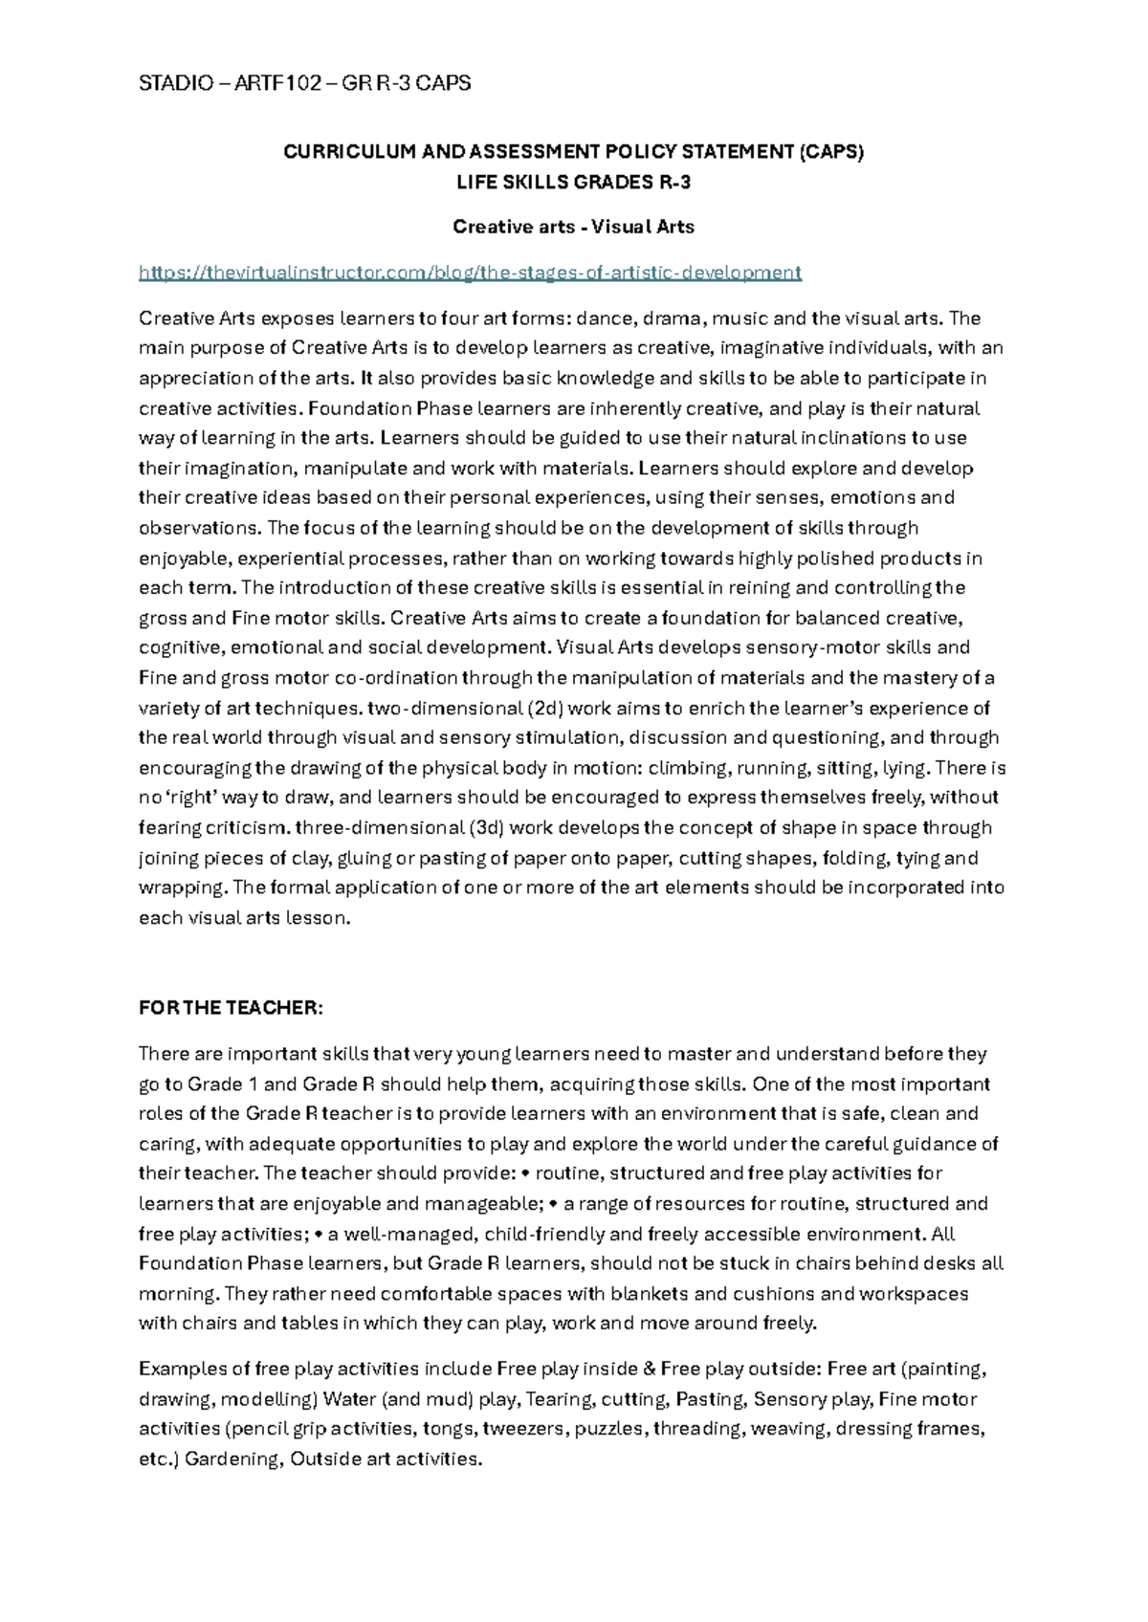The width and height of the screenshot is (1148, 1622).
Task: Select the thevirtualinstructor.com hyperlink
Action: tap(470, 273)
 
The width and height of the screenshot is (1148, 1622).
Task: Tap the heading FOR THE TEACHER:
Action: tap(232, 1008)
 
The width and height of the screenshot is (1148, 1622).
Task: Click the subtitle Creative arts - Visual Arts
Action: tap(573, 227)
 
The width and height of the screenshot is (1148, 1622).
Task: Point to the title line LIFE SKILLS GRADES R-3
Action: tap(573, 182)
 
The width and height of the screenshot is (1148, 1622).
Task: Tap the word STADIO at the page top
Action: tap(171, 83)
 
